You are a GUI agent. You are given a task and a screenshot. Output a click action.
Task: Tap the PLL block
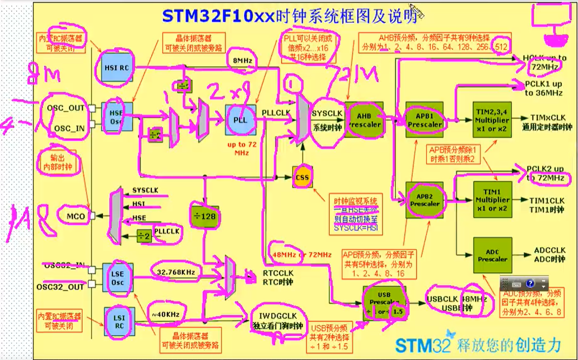[241, 119]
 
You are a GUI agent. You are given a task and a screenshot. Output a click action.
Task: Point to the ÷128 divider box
[204, 217]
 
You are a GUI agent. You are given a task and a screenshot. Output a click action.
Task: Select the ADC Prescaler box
[492, 255]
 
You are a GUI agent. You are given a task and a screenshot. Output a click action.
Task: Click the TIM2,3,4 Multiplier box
[491, 118]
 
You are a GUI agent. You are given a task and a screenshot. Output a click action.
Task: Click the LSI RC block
[117, 318]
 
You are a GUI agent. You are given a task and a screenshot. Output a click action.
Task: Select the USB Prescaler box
[385, 304]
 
